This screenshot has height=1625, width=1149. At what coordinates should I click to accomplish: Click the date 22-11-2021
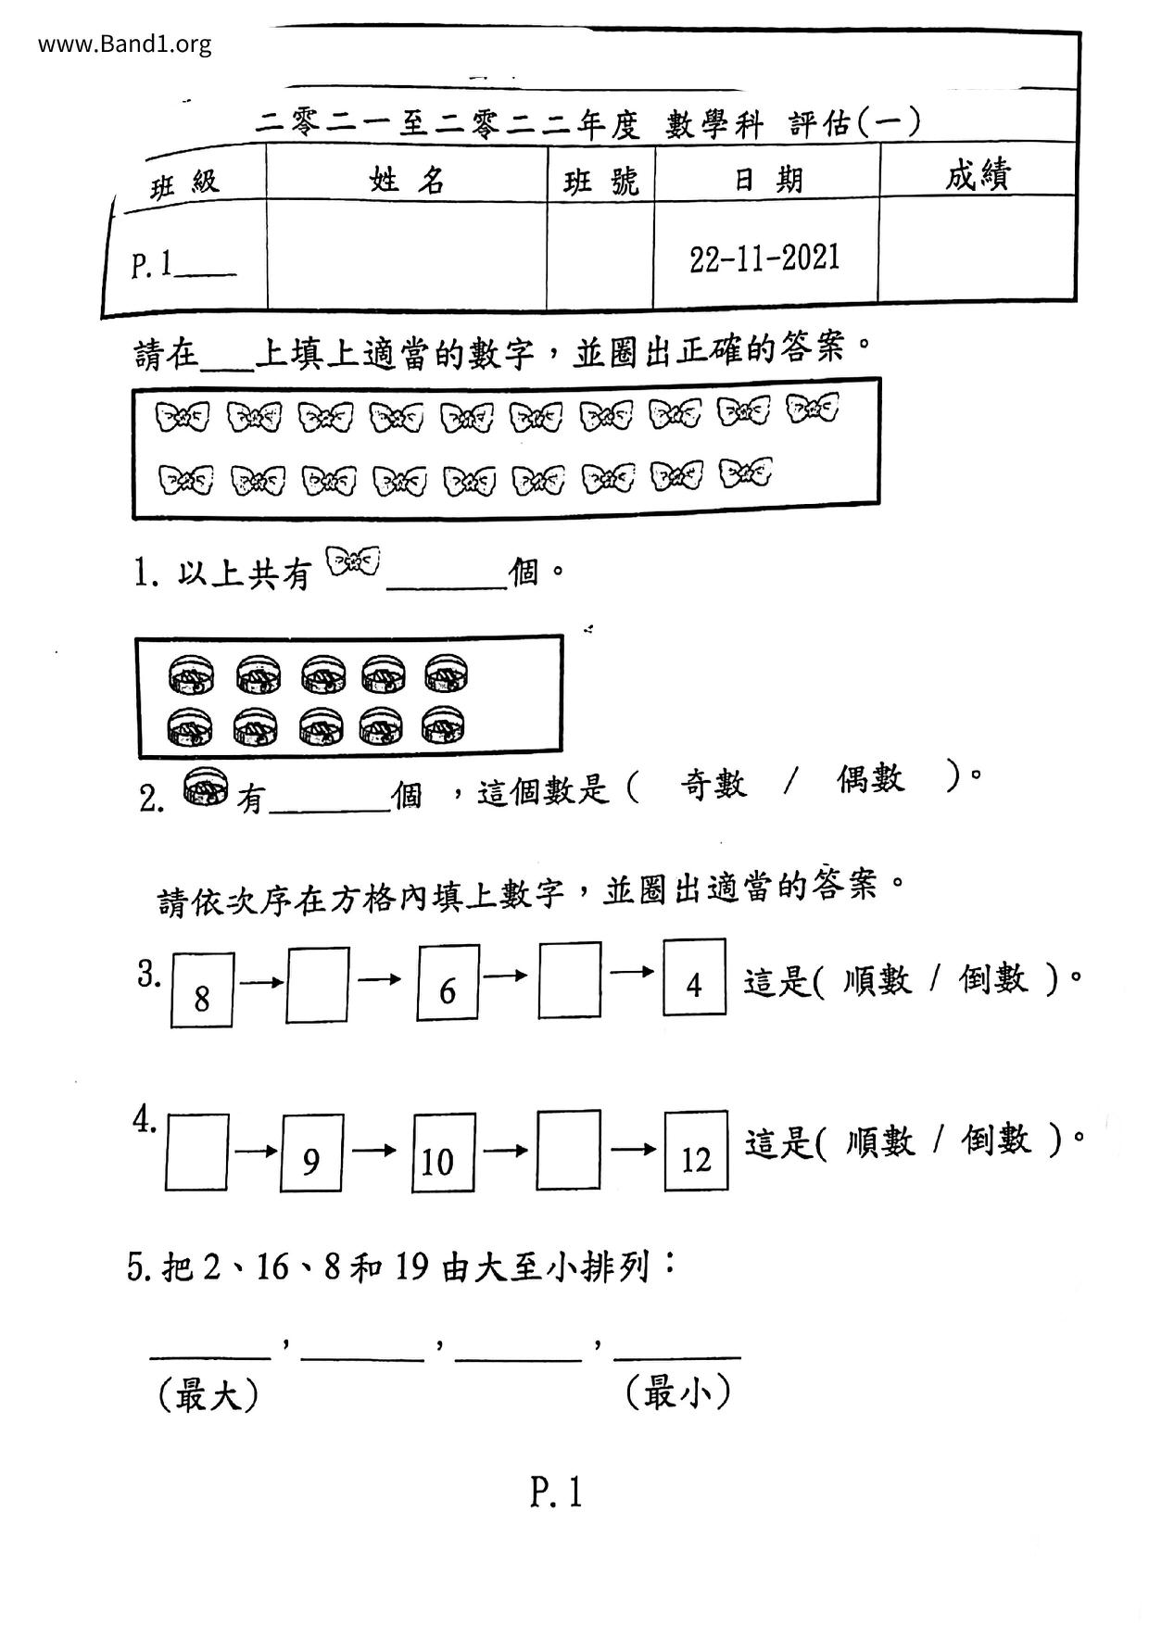click(x=764, y=258)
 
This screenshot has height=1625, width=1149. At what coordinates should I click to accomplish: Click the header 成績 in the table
click(x=978, y=174)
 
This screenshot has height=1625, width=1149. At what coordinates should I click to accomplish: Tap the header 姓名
click(x=407, y=179)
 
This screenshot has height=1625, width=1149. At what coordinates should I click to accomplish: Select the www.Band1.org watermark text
click(x=125, y=44)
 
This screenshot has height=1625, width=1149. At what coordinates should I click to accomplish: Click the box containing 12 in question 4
click(x=696, y=1151)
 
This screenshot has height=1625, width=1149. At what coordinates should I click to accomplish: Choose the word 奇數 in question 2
click(x=713, y=785)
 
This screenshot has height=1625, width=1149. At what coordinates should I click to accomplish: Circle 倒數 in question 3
click(x=993, y=978)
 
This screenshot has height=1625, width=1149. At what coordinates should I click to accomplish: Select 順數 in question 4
click(x=879, y=1140)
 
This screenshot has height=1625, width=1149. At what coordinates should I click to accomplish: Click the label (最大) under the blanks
click(x=208, y=1395)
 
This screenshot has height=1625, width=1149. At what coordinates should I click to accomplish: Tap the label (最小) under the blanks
click(x=678, y=1392)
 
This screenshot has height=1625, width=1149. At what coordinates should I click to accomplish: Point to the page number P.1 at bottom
click(x=556, y=1493)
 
